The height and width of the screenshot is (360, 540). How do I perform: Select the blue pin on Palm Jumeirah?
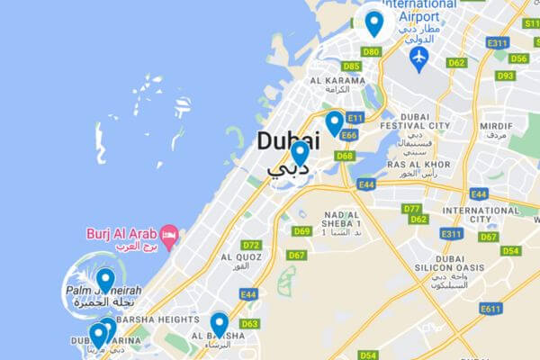(x=105, y=279)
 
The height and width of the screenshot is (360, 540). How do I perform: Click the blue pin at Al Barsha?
(x=219, y=324)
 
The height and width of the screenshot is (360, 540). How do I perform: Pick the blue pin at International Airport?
(x=373, y=22)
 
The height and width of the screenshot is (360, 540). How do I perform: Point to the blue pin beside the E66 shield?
(x=335, y=122)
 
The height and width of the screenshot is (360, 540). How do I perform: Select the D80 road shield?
(x=371, y=52)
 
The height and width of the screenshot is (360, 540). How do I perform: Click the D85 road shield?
(x=352, y=67)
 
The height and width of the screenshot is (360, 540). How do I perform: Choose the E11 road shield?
(x=355, y=118)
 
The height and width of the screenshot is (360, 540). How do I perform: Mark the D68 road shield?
(x=344, y=156)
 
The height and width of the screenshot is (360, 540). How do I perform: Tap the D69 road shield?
(x=301, y=231)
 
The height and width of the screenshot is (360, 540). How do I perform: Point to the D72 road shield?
(x=251, y=245)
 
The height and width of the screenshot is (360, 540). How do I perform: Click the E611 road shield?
(x=490, y=309)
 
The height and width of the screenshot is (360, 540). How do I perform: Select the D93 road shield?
(x=505, y=76)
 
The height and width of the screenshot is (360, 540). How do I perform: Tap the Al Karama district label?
(x=337, y=81)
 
